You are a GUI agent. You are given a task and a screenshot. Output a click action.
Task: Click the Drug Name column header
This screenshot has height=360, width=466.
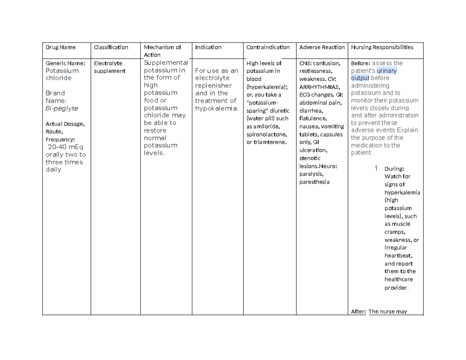click(61, 47)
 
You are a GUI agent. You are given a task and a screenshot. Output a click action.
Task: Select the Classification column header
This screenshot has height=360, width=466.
click(111, 47)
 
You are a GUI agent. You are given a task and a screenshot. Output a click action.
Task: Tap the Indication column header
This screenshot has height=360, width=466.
click(208, 47)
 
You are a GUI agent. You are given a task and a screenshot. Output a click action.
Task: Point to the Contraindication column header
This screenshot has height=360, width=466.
click(268, 47)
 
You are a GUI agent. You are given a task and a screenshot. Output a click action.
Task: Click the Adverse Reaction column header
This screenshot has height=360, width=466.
click(322, 47)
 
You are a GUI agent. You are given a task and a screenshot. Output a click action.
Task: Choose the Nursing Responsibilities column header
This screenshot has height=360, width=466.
click(382, 47)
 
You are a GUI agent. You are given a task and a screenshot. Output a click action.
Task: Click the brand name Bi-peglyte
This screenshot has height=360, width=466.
click(62, 108)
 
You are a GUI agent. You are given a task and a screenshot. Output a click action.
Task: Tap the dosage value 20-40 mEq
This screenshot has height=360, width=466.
click(65, 147)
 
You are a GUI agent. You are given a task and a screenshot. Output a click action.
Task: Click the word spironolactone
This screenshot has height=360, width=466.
click(267, 134)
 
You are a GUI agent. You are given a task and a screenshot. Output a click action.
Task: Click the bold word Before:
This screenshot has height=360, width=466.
click(360, 63)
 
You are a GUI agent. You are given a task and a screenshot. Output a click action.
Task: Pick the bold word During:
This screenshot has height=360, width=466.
click(394, 169)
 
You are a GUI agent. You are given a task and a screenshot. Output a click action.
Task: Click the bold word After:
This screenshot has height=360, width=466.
click(358, 311)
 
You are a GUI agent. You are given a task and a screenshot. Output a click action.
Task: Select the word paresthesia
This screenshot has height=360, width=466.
click(315, 182)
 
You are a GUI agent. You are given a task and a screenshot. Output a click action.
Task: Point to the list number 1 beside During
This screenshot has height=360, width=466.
click(376, 169)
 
